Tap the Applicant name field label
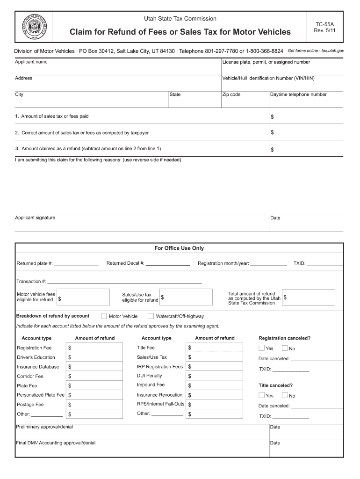click(x=31, y=62)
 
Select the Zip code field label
click(x=231, y=94)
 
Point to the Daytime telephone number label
click(x=298, y=94)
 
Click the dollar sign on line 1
click(x=272, y=116)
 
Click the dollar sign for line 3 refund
click(x=272, y=150)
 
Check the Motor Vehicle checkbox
click(x=104, y=316)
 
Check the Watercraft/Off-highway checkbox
click(x=151, y=316)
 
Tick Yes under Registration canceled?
click(x=262, y=348)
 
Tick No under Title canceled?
click(x=285, y=395)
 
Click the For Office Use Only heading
click(x=179, y=248)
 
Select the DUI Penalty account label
click(x=150, y=376)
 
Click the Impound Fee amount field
click(x=215, y=385)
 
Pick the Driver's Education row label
click(x=36, y=357)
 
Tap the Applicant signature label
click(x=35, y=218)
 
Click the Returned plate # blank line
click(x=76, y=264)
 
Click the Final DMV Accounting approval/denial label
click(x=56, y=443)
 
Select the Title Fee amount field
click(x=215, y=348)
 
